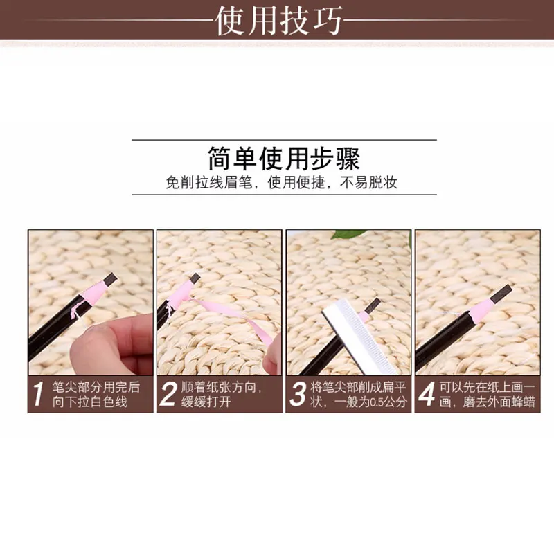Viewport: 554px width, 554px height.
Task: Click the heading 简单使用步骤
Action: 284,158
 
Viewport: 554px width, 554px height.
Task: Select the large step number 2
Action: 168,394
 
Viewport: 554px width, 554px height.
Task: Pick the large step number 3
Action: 298,394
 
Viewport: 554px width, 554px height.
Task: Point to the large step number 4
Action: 427,394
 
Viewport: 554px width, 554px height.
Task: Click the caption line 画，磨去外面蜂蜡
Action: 488,402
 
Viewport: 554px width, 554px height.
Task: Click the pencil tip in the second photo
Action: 195,278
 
